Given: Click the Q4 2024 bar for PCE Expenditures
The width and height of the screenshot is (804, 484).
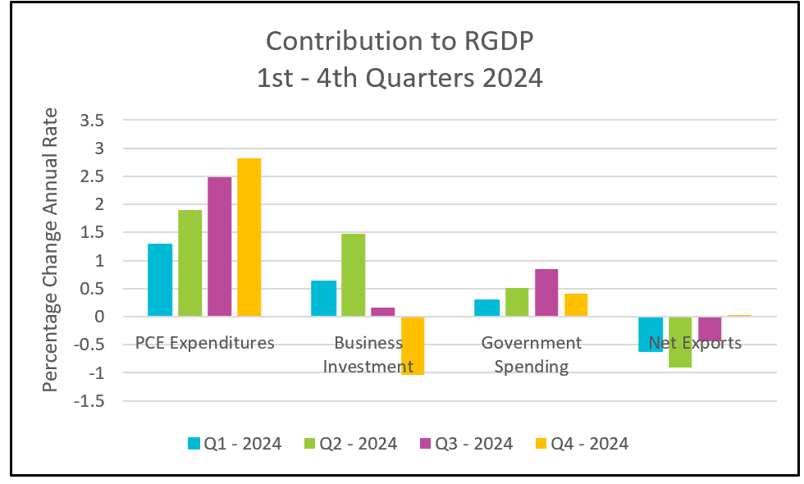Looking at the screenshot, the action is (249, 237).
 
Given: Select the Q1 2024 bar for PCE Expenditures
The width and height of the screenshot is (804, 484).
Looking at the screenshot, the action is (160, 280).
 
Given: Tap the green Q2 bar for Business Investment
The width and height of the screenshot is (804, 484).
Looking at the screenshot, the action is (354, 275).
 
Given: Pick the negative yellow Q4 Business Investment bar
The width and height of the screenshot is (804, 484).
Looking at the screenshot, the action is (413, 345).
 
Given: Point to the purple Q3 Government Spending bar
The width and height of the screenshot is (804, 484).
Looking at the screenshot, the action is (546, 292).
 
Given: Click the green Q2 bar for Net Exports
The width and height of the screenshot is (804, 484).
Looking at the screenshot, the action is (680, 342).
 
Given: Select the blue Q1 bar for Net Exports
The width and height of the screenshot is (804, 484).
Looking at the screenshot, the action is (651, 335).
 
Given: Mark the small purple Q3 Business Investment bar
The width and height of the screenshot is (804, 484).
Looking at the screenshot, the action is (383, 312).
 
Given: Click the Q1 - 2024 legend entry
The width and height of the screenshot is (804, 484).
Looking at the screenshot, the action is (235, 444).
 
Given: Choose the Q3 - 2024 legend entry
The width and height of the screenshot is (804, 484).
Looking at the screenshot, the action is (466, 444).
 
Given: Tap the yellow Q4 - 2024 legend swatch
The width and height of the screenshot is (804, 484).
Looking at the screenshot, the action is (541, 444).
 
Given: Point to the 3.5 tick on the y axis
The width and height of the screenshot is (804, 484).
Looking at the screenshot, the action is (92, 121).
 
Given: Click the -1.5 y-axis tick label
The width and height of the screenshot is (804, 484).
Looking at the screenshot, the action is (89, 401).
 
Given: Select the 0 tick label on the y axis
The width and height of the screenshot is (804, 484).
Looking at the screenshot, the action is (99, 317).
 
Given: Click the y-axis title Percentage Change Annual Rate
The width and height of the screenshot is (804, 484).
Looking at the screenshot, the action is (50, 249).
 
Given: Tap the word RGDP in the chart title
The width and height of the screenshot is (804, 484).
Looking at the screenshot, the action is (499, 41).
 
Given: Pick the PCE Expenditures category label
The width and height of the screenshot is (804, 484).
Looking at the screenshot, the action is (204, 343).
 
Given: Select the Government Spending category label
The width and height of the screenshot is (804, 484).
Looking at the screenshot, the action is (532, 354).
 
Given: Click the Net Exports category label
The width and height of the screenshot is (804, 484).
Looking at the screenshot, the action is (696, 343).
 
